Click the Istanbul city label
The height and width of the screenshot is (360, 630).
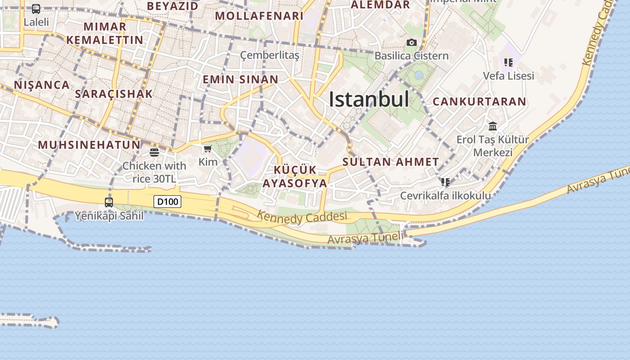[369, 99]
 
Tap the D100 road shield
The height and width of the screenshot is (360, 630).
[167, 202]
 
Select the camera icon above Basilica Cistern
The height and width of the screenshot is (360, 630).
[411, 43]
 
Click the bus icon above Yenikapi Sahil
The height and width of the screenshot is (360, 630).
[109, 202]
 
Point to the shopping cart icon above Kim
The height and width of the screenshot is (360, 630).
[207, 149]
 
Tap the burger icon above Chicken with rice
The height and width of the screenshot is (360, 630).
[154, 153]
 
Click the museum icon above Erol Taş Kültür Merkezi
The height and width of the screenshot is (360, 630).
[493, 126]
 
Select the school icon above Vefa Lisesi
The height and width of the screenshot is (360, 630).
[508, 63]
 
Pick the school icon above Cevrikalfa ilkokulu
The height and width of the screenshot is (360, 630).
[445, 182]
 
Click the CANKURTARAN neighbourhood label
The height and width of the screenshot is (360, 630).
[479, 102]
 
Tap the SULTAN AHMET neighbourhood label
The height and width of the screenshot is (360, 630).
[391, 162]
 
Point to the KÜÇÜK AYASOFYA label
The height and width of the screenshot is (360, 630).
[295, 177]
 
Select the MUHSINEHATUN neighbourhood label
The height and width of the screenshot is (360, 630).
[89, 145]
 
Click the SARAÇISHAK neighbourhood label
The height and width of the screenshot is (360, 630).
[114, 94]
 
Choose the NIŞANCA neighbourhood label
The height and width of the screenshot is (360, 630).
[42, 85]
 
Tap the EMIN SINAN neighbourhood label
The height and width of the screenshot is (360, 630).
[240, 80]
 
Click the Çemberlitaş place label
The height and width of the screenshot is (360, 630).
[270, 55]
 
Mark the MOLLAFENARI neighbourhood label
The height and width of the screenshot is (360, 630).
[259, 16]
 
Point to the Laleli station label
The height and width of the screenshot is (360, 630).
[36, 22]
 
